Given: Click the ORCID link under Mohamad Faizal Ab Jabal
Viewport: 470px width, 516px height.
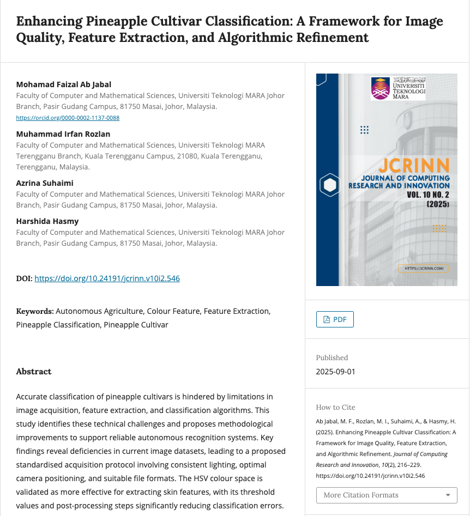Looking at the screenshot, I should tap(68, 118).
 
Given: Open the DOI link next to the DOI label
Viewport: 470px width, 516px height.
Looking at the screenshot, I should tap(107, 278).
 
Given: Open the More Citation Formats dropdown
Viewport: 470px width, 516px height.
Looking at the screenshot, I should tap(387, 495).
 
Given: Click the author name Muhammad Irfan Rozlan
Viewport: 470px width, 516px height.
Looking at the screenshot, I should tap(63, 134).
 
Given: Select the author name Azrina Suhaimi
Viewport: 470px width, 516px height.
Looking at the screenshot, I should tap(45, 183).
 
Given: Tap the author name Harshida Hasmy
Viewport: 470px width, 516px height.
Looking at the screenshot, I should tap(47, 221).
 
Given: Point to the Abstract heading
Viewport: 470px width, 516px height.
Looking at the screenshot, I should tap(34, 372).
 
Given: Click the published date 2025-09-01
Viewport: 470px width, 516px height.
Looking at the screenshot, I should tap(335, 372).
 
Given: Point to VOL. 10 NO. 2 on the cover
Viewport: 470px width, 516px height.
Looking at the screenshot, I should tap(428, 195).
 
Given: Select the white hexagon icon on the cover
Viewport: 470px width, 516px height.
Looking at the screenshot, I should tap(330, 185).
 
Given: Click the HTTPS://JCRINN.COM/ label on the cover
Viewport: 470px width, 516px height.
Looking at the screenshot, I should tap(423, 268).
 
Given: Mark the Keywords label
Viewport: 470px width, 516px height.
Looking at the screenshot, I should tap(35, 311).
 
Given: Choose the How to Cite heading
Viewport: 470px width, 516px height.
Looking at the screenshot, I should tap(335, 407).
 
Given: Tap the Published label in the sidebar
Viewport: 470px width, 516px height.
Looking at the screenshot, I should tap(332, 358).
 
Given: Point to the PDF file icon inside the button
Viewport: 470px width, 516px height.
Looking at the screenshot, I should tap(327, 320).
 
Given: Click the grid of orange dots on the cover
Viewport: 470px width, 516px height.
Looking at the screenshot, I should tap(439, 228).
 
